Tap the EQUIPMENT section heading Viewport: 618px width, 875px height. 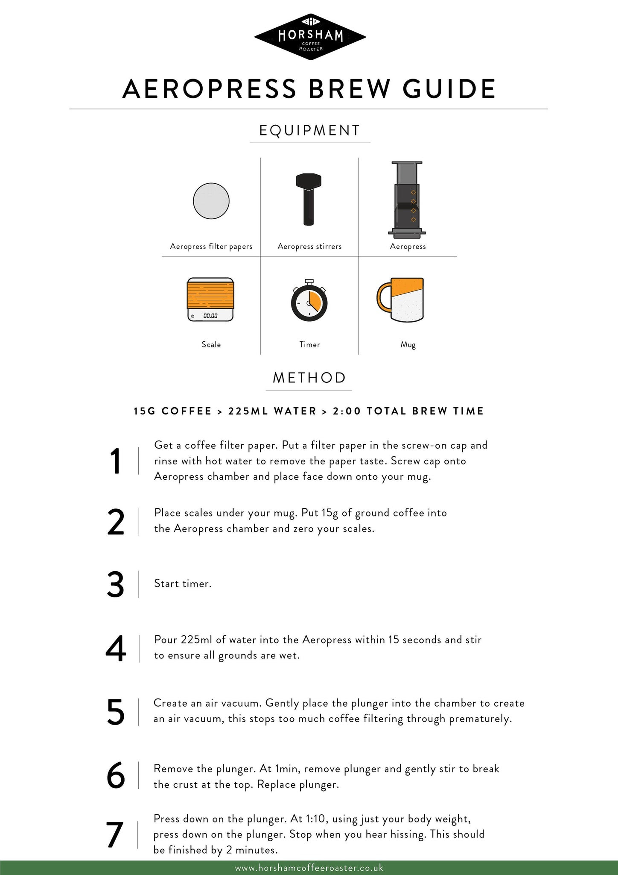(x=310, y=130)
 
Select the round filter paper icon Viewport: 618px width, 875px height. (x=211, y=201)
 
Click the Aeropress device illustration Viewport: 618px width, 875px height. (x=407, y=200)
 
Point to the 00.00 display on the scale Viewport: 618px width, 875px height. (x=210, y=316)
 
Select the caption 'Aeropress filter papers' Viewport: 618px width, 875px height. (x=211, y=247)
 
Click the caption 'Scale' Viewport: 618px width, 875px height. (x=211, y=344)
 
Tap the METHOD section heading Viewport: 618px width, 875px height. (x=309, y=378)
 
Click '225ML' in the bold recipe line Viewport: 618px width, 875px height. (x=245, y=411)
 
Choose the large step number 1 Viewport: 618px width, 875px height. (x=115, y=461)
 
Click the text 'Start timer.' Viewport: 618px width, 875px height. (x=183, y=583)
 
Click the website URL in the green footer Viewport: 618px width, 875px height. (x=309, y=868)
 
